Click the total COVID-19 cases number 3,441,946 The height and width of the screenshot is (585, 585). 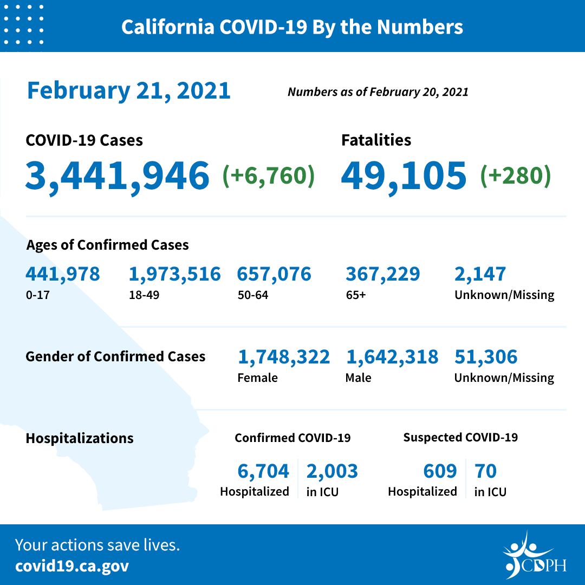tap(117, 175)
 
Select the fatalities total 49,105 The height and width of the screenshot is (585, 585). tap(404, 175)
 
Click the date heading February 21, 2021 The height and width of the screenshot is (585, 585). tap(129, 90)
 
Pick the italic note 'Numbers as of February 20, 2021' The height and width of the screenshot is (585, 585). tap(378, 92)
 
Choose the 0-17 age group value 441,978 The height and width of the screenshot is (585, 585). tap(63, 274)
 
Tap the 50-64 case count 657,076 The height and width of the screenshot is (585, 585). tap(274, 274)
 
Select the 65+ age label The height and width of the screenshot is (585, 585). tap(354, 295)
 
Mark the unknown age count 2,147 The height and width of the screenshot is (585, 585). tap(480, 274)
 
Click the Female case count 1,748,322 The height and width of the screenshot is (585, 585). tap(284, 357)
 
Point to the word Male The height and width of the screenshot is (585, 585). tap(358, 378)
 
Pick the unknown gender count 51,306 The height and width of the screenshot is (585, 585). tap(486, 357)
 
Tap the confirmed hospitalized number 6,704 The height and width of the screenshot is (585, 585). tap(264, 471)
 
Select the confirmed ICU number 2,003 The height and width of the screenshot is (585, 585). tap(332, 471)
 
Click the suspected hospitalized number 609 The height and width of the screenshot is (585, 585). tap(440, 471)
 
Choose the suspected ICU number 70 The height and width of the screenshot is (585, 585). tap(485, 471)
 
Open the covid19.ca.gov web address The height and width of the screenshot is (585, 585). tap(72, 567)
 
